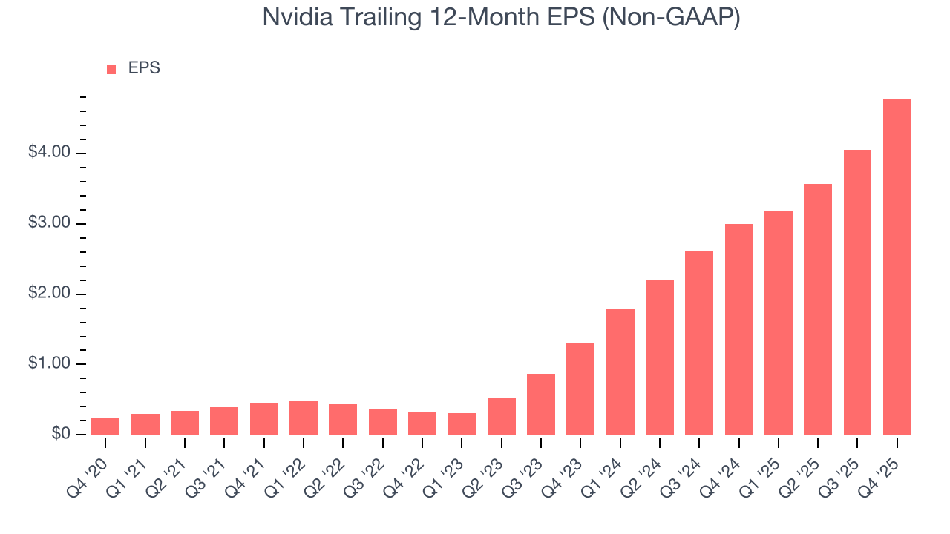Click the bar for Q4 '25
(x=897, y=266)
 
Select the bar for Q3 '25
(x=857, y=292)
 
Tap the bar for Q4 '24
(x=738, y=329)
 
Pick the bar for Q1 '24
(x=620, y=372)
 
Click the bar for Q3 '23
(x=541, y=404)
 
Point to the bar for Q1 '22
(x=304, y=418)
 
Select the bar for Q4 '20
(x=105, y=426)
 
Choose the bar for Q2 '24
(x=660, y=357)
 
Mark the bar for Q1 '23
(x=462, y=423)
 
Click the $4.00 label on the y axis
(x=49, y=153)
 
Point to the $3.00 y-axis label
(x=49, y=223)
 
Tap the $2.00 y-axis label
(x=49, y=294)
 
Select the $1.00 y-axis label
(x=49, y=364)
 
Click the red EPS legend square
(x=111, y=70)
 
